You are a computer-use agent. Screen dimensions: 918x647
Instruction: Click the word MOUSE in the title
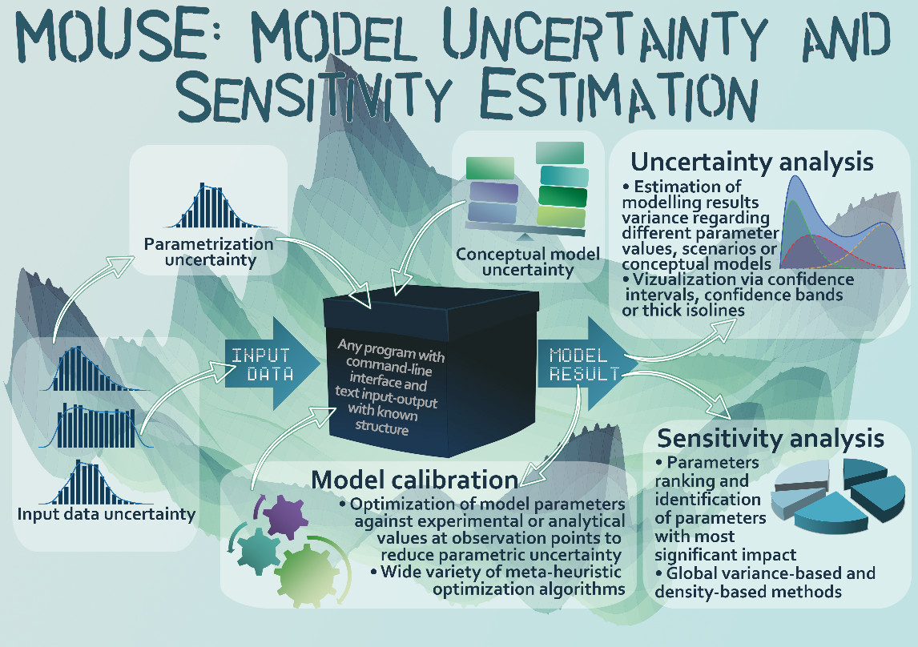[116, 36]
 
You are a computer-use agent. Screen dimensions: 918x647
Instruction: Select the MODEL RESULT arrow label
[584, 364]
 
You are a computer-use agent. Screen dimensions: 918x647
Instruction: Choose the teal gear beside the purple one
[258, 550]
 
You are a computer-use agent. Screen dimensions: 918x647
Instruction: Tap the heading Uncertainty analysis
[751, 162]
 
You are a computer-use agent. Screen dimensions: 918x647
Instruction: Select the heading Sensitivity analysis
[771, 439]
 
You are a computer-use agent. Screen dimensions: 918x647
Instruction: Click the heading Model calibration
[414, 480]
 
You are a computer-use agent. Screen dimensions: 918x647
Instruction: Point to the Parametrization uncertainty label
[209, 252]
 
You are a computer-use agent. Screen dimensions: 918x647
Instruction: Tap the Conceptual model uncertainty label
[528, 262]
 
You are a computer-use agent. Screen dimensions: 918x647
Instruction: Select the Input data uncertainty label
[106, 514]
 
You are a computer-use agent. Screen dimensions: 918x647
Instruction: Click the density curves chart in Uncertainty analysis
[843, 223]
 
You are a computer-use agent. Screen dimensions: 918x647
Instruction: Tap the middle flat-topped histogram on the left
[96, 427]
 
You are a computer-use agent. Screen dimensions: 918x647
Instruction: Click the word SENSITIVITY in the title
[315, 94]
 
